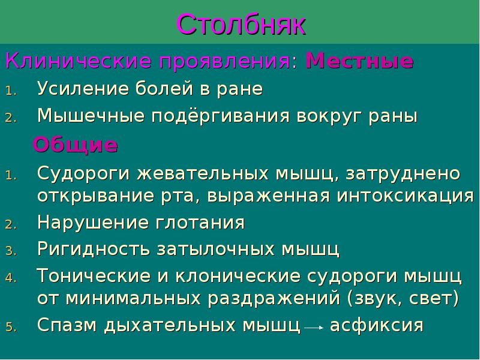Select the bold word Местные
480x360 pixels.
359,61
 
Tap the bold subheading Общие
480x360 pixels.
76,145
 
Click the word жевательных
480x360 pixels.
205,174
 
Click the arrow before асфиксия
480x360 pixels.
314,328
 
